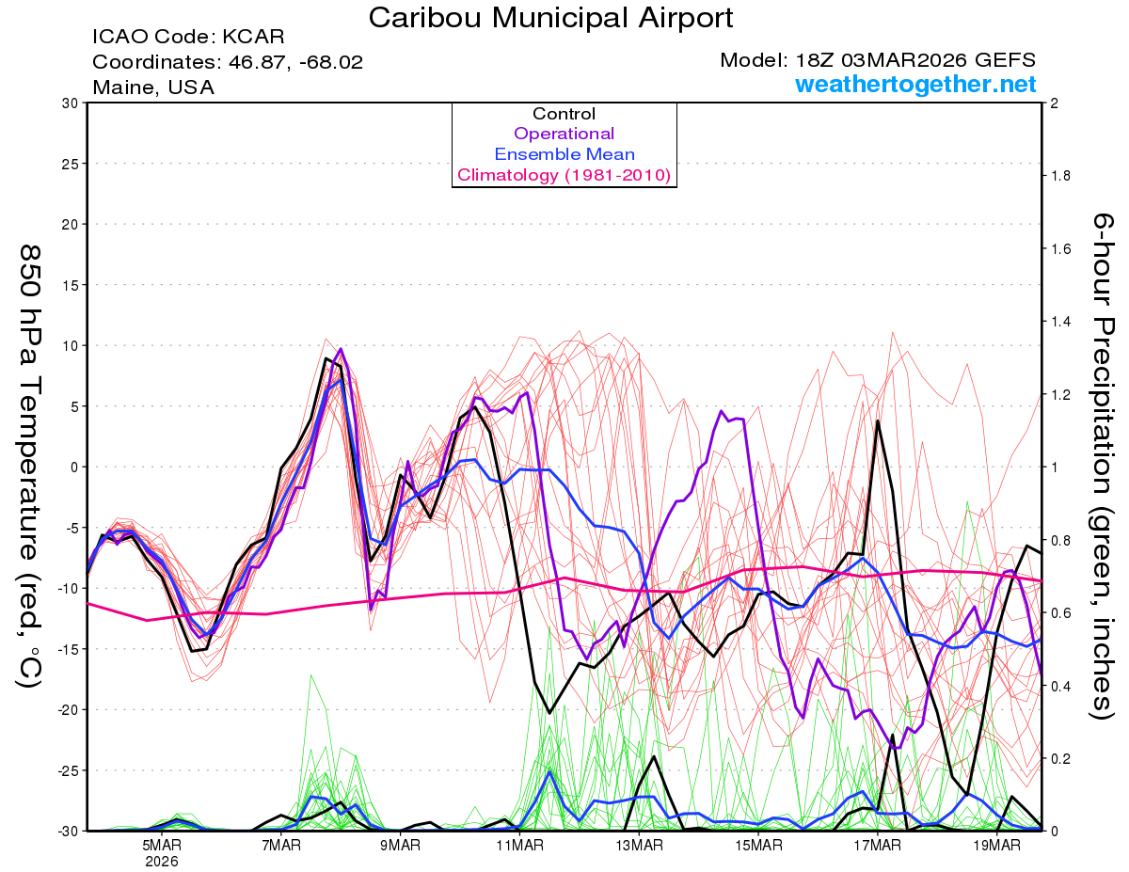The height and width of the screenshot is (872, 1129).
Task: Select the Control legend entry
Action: [564, 114]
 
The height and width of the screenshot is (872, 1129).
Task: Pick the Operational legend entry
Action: [564, 134]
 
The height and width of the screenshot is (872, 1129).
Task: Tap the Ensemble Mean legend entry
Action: [564, 154]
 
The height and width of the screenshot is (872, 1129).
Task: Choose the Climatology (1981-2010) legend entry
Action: [564, 175]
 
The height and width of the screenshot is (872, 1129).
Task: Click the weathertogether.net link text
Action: [915, 85]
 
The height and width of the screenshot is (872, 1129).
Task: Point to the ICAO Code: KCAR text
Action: [188, 38]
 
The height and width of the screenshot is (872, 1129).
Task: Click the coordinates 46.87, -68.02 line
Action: [228, 62]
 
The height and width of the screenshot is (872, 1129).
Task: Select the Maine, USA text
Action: [153, 87]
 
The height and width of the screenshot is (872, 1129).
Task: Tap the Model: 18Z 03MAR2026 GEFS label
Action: [878, 60]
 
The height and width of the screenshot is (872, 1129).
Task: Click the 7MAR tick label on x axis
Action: [281, 846]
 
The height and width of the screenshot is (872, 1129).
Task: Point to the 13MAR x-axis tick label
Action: [639, 846]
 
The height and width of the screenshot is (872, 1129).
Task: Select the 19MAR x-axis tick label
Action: [996, 846]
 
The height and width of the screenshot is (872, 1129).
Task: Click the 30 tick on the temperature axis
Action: [69, 103]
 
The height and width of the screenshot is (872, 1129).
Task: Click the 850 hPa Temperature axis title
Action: [30, 466]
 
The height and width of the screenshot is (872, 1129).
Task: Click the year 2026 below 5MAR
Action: [162, 861]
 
